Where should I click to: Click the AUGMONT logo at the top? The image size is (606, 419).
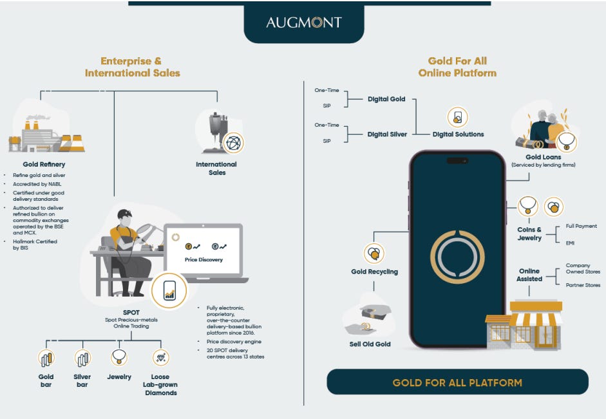[x=304, y=23]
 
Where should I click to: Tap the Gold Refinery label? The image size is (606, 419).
[x=44, y=164]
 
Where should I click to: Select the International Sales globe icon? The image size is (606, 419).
[x=233, y=143]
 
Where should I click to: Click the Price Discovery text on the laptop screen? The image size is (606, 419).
[x=204, y=259]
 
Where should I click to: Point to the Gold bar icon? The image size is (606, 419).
[x=46, y=358]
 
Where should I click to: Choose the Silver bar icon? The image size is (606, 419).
[x=82, y=358]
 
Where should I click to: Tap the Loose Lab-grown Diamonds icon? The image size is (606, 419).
[x=161, y=358]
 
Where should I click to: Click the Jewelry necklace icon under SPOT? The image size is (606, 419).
[x=119, y=358]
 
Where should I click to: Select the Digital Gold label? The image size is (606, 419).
[x=386, y=99]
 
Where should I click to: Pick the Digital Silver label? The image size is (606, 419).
[x=387, y=135]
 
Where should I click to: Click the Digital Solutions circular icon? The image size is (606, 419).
[x=458, y=117]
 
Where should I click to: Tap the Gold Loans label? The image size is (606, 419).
[x=543, y=157]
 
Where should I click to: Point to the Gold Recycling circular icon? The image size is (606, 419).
[x=374, y=254]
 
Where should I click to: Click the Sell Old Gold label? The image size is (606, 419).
[x=370, y=344]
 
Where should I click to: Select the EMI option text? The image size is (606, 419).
[x=570, y=243]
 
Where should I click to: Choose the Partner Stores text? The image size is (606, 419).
[x=583, y=285]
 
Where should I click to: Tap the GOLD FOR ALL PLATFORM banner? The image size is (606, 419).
[x=458, y=382]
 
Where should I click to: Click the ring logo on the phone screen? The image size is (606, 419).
[x=457, y=257]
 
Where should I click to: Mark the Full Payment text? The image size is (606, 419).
[x=582, y=227]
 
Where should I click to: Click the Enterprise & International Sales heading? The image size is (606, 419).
[x=132, y=67]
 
